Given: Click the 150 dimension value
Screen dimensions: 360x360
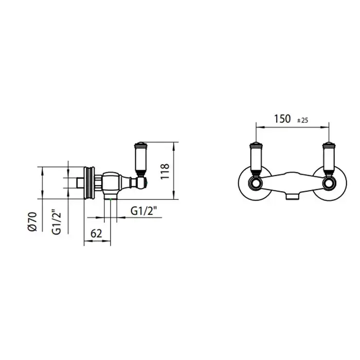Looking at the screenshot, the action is tap(282, 119).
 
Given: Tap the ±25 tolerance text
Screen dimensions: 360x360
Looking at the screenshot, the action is tap(302, 120).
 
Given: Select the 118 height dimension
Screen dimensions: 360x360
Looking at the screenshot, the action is tap(165, 171).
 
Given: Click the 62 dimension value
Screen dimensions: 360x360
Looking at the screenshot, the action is tap(96, 233).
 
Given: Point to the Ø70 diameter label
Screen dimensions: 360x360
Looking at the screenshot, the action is tap(32, 222).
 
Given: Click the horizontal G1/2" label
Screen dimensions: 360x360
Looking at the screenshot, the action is tap(143, 211).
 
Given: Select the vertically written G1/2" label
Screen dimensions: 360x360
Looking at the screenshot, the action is tap(57, 222).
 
